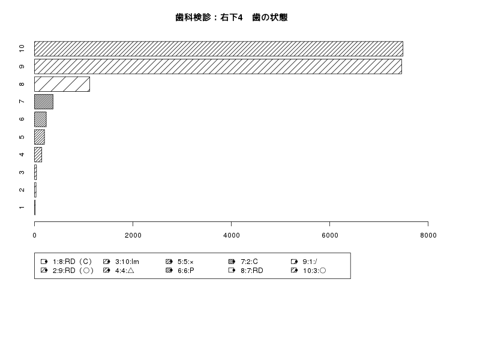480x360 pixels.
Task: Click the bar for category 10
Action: [x=218, y=49]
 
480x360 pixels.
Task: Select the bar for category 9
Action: [x=218, y=67]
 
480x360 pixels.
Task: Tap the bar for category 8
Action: [x=62, y=84]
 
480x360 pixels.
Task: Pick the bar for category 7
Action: [x=44, y=101]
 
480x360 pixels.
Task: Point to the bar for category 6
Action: [x=40, y=119]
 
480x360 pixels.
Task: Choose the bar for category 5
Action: [x=40, y=137]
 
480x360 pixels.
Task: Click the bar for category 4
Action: [x=38, y=155]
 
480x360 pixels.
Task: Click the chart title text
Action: [x=232, y=17]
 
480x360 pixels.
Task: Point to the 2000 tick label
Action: [x=133, y=235]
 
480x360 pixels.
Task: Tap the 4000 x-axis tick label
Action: [x=232, y=235]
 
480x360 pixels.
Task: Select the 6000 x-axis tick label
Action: [x=329, y=235]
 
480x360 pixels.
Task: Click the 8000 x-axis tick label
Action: [x=428, y=235]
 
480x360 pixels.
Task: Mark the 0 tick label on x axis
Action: [x=35, y=235]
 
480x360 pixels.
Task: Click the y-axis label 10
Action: [x=22, y=49]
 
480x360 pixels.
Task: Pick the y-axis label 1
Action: [x=22, y=208]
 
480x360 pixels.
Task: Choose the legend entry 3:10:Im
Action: [x=121, y=262]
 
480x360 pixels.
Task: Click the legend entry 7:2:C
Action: [x=243, y=262]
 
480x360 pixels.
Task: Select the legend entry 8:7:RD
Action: [x=246, y=271]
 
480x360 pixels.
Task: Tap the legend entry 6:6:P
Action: [x=180, y=271]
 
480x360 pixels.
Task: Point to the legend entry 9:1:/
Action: [x=304, y=262]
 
